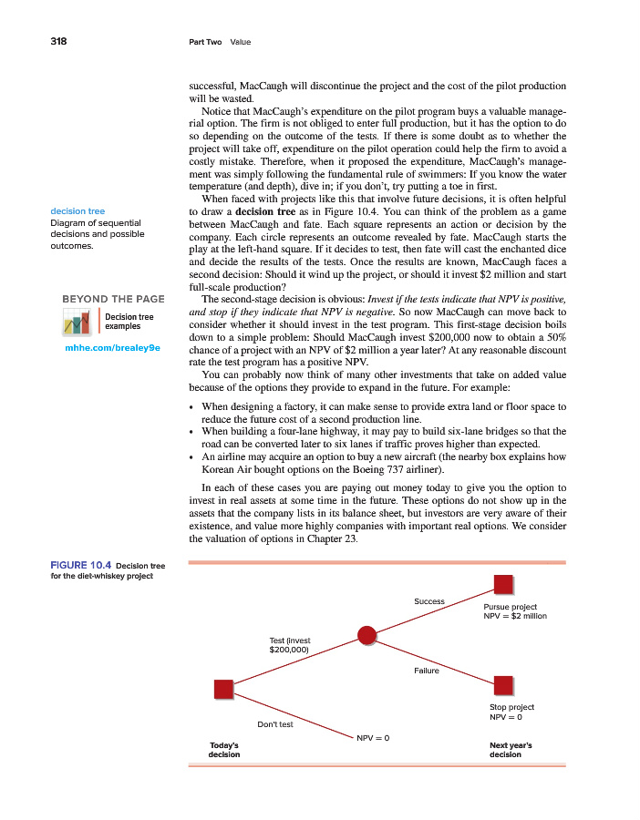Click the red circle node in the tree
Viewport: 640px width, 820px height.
367,635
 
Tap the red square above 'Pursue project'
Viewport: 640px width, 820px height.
502,584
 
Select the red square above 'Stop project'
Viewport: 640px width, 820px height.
502,684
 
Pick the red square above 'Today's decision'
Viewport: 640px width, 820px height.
223,689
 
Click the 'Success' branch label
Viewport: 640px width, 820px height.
428,601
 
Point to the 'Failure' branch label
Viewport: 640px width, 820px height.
426,671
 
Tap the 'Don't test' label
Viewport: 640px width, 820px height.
274,724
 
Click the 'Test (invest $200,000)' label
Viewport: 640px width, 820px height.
290,646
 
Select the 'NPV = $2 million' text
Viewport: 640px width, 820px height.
514,617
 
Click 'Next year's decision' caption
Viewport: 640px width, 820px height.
511,749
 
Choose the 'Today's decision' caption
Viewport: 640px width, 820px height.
224,749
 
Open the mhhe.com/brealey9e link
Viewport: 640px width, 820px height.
111,347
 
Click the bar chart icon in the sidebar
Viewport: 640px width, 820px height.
77,322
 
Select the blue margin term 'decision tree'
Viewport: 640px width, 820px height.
77,211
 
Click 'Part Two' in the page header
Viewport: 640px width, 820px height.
204,42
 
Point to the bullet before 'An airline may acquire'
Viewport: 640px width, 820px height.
191,456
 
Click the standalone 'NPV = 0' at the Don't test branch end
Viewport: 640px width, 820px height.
373,736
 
